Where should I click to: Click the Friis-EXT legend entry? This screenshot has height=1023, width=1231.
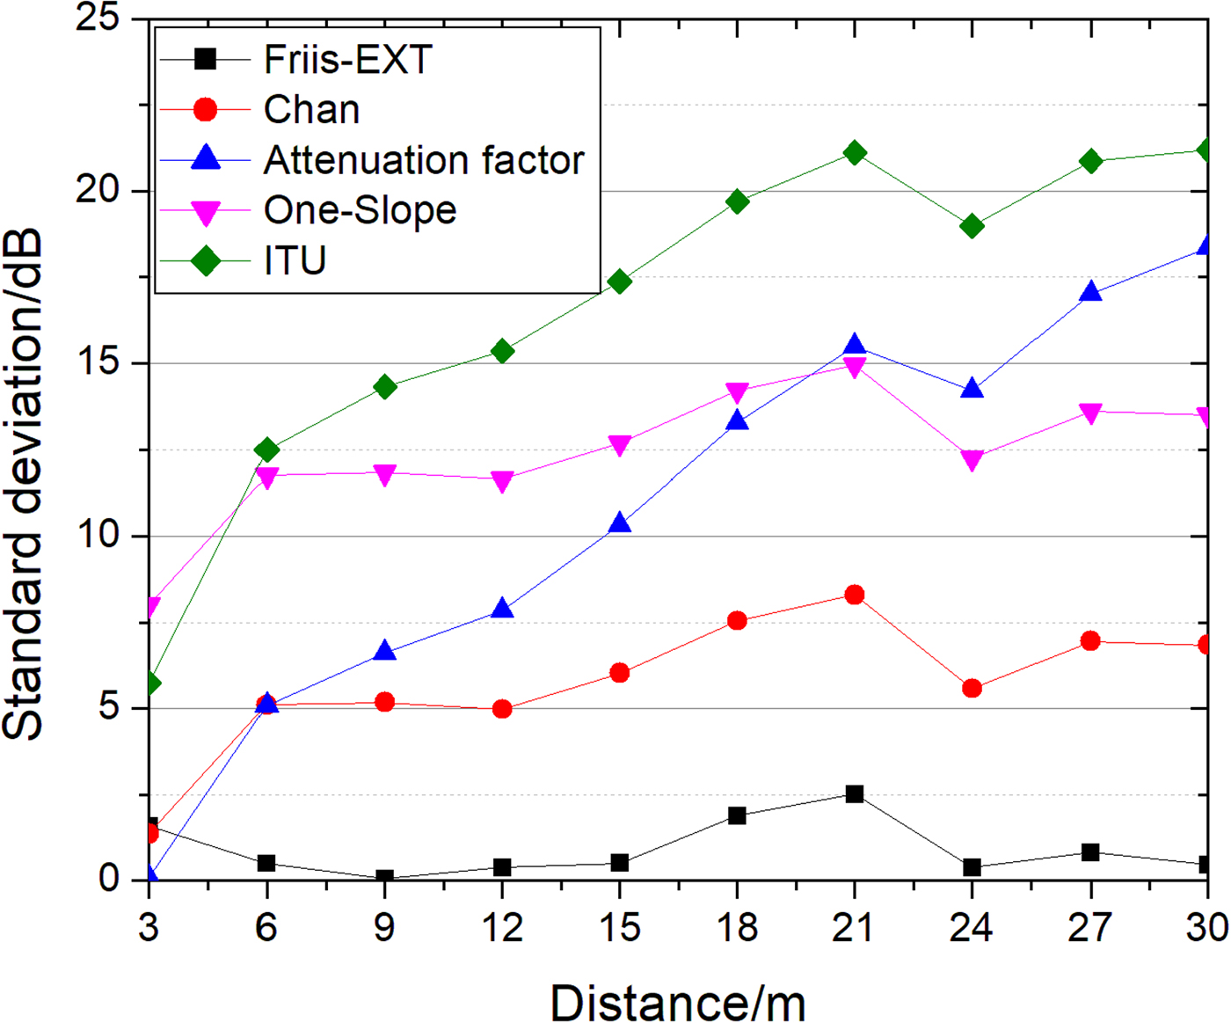[x=347, y=60]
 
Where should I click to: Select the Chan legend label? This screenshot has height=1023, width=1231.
[x=311, y=110]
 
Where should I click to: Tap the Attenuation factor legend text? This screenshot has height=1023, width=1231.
[x=424, y=160]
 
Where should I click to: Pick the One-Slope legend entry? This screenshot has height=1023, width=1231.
[x=360, y=210]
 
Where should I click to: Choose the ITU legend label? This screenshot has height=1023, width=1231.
[x=295, y=260]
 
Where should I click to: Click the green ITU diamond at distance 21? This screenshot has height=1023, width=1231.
[x=854, y=153]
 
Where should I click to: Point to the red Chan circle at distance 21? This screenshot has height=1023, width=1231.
[x=854, y=596]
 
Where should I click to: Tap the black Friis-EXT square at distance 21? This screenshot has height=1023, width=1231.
[x=854, y=794]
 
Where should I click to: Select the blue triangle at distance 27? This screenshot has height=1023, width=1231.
[x=1090, y=292]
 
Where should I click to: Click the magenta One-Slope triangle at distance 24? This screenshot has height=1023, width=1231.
[x=972, y=460]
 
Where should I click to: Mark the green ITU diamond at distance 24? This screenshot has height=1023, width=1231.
[x=972, y=227]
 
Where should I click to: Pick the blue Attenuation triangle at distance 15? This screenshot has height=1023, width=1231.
[x=620, y=523]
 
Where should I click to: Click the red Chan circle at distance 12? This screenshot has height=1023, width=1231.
[x=502, y=709]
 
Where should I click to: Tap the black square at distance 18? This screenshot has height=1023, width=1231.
[x=737, y=816]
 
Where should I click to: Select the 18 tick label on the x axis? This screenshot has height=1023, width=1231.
[x=737, y=928]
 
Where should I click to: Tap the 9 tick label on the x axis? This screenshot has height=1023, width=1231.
[x=384, y=928]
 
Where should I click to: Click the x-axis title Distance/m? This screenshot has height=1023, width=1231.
[x=677, y=1002]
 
